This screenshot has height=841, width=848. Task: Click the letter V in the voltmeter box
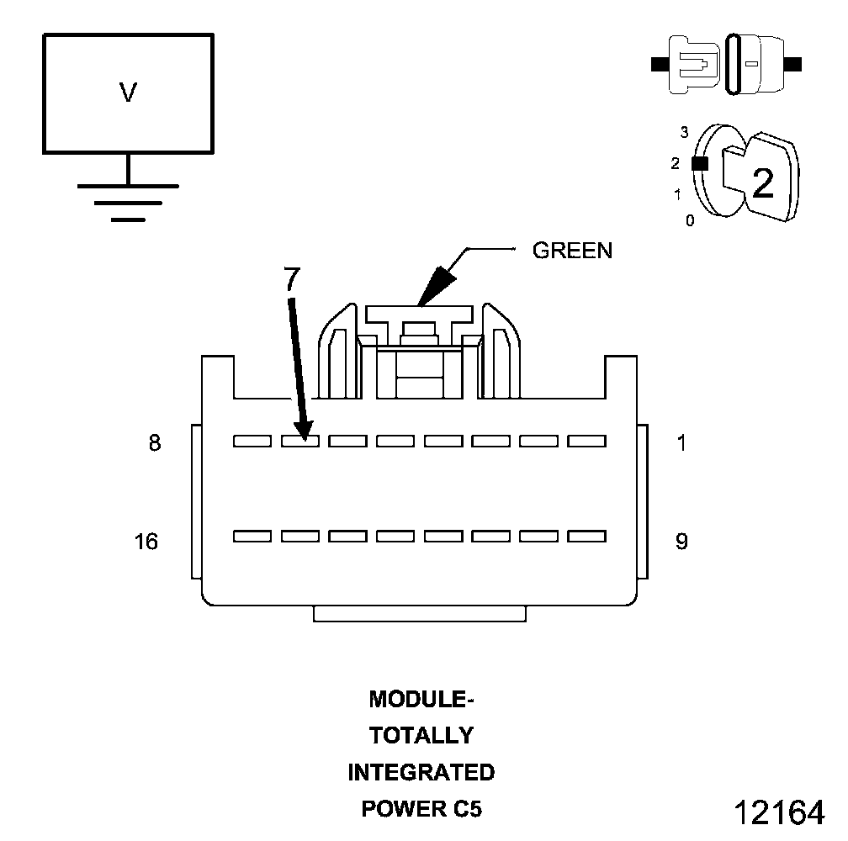point(128,93)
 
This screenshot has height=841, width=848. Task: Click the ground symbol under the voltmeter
point(128,201)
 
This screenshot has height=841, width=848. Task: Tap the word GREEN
point(572,251)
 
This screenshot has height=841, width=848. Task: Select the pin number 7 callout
point(289,280)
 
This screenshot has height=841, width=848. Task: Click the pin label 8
point(155,443)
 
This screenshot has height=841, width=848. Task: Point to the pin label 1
point(681,443)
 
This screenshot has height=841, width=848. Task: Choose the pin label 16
point(146,542)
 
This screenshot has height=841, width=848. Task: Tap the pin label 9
point(681,542)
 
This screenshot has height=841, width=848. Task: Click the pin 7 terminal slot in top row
point(299,440)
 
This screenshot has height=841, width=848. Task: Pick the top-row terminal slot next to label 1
point(587,440)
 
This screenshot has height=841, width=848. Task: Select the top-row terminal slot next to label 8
point(252,440)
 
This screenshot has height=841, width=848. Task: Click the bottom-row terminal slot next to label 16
point(252,536)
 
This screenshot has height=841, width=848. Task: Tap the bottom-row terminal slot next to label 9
point(587,536)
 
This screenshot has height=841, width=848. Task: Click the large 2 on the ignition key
point(762,183)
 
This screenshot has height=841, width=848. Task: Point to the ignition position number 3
point(685,132)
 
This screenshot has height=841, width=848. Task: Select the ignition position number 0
point(690,221)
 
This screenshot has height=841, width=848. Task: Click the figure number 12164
point(779,812)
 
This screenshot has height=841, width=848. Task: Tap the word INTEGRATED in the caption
point(421,772)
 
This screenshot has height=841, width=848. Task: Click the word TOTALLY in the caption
point(421,736)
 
